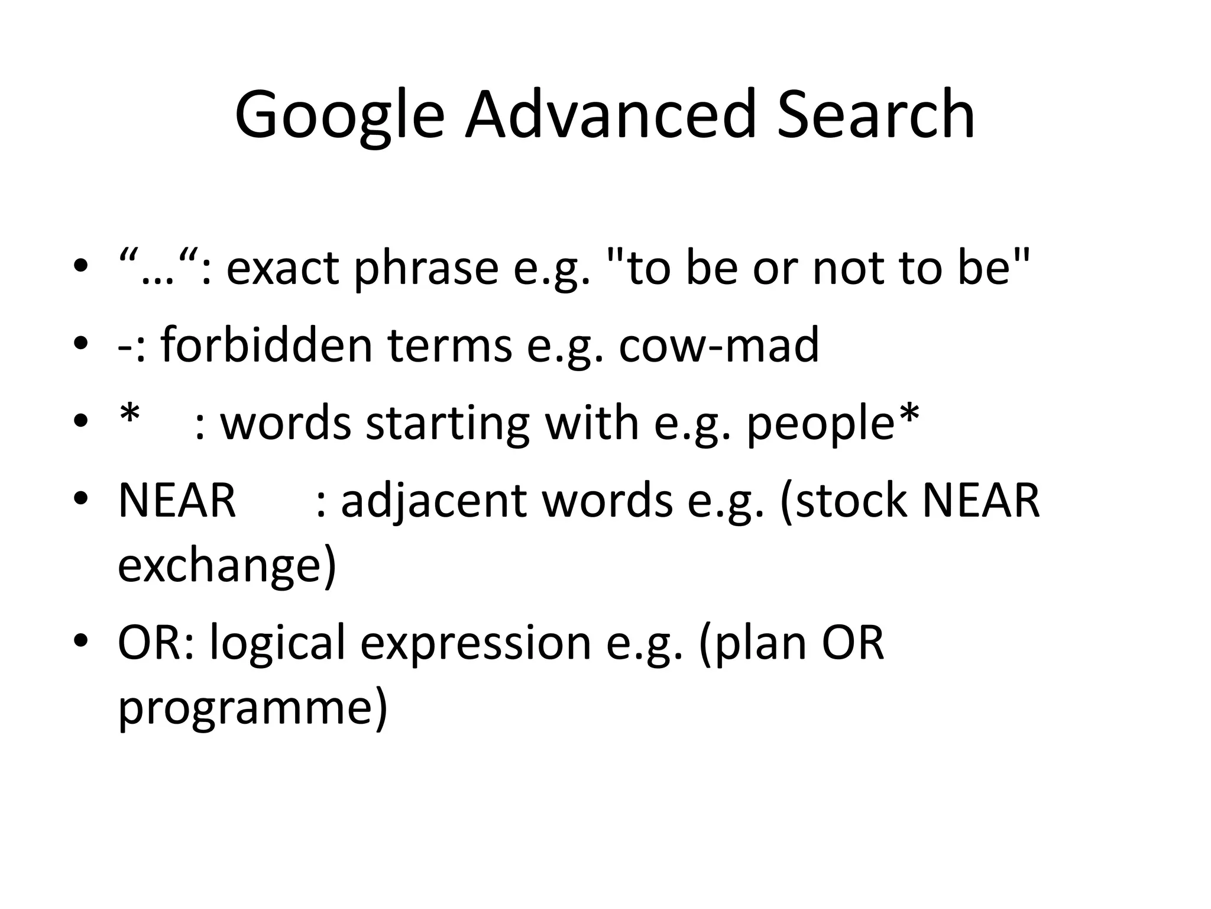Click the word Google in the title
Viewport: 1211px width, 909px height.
pos(339,116)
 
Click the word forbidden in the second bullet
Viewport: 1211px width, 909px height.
pos(266,345)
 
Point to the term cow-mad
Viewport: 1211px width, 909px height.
pos(718,345)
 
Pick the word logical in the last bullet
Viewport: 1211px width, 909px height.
pos(277,644)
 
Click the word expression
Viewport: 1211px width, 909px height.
pos(476,644)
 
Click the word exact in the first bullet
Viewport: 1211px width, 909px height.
pos(283,268)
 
